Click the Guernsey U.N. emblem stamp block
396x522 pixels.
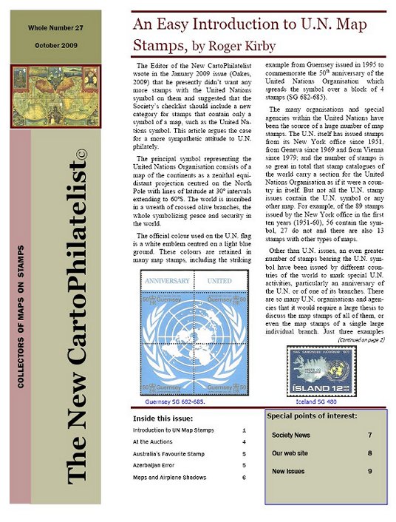pyautogui.click(x=197, y=334)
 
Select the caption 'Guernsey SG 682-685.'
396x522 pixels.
pyautogui.click(x=174, y=404)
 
